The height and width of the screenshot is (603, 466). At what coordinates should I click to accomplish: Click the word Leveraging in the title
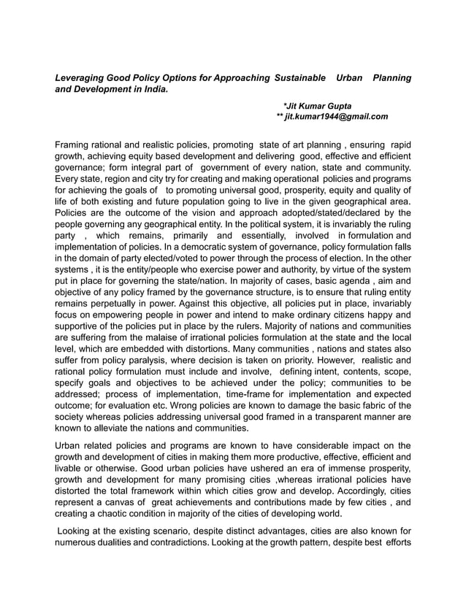pyautogui.click(x=80, y=77)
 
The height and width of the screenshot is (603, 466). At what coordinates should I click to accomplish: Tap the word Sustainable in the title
pyautogui.click(x=301, y=77)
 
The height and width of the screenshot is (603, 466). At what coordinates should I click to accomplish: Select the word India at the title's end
pyautogui.click(x=153, y=89)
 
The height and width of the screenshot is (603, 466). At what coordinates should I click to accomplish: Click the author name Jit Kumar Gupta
pyautogui.click(x=319, y=106)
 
